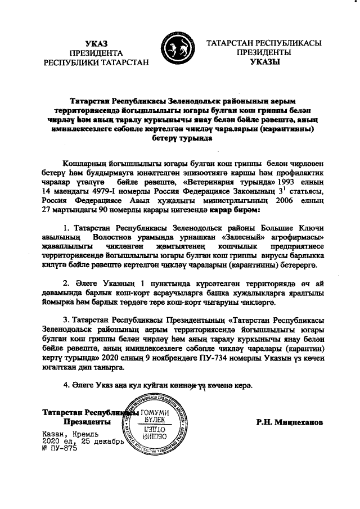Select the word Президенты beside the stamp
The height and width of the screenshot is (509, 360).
point(87,421)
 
